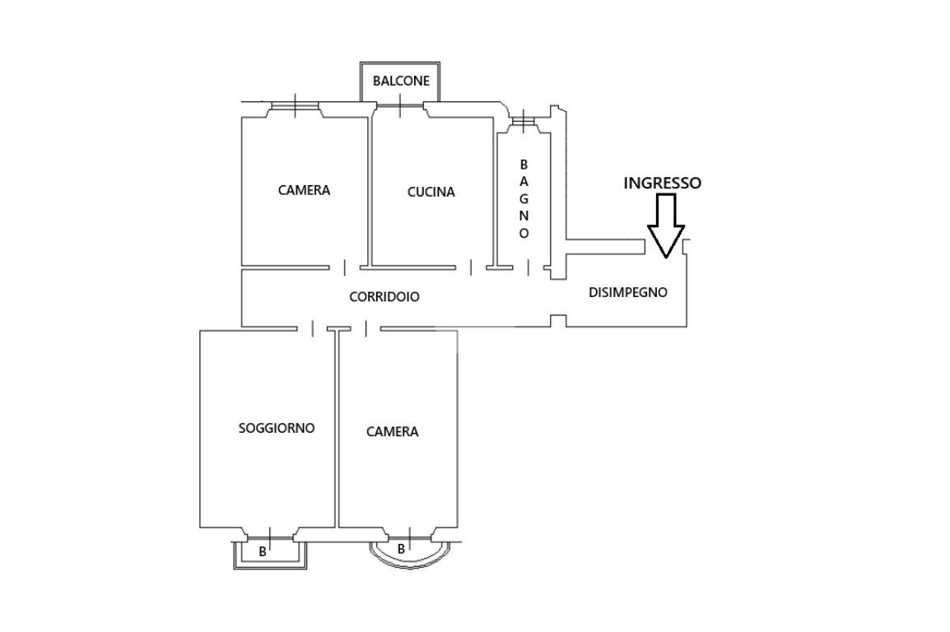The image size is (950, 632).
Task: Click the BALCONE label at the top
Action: (x=401, y=81)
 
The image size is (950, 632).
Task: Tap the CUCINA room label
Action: (x=431, y=192)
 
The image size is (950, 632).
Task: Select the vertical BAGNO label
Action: (x=524, y=198)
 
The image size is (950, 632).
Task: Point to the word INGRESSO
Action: (x=662, y=183)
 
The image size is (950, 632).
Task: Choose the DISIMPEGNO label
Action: (x=627, y=292)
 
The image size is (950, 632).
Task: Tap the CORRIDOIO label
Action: (x=384, y=296)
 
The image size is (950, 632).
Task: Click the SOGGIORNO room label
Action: (x=277, y=428)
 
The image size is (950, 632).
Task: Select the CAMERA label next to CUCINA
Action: (x=304, y=190)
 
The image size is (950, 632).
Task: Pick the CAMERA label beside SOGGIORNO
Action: (x=392, y=432)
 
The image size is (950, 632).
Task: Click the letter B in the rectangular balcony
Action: (x=263, y=551)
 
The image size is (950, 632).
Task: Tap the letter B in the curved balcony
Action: (x=401, y=550)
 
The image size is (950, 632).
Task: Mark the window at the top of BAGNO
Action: (x=522, y=121)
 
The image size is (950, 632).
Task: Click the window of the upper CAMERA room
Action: (x=295, y=106)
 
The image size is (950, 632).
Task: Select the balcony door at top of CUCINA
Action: (x=400, y=106)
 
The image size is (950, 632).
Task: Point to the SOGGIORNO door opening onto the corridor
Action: (x=313, y=328)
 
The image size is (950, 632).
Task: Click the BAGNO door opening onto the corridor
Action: (x=529, y=267)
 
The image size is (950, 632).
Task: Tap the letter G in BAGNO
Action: (x=524, y=198)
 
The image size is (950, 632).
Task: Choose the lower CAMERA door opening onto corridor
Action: (x=366, y=328)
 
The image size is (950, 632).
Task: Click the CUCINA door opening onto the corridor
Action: (x=471, y=267)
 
